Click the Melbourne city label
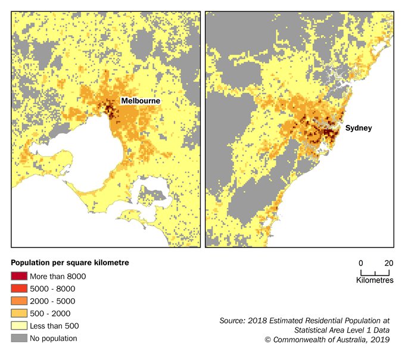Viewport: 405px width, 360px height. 141,101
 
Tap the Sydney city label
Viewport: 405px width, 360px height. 359,128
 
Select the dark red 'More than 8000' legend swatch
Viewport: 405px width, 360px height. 19,276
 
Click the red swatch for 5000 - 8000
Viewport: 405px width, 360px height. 19,289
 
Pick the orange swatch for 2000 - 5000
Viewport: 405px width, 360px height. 19,301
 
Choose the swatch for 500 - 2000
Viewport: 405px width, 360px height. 19,314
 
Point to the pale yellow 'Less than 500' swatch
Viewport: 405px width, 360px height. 19,326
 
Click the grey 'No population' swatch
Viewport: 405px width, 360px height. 19,339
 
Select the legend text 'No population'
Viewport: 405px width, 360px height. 56,339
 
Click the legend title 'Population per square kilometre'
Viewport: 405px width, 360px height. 70,262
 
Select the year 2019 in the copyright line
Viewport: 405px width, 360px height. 379,339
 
